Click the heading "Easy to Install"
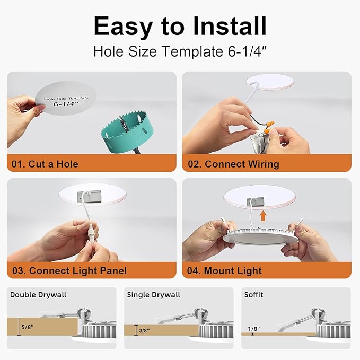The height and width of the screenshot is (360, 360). click(180, 25)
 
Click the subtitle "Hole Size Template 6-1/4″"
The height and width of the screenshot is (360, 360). click(180, 51)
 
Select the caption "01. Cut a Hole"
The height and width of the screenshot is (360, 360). click(45, 164)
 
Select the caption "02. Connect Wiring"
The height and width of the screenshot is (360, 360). click(234, 164)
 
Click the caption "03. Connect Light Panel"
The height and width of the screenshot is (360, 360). click(69, 270)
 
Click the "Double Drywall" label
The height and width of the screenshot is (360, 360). click(38, 295)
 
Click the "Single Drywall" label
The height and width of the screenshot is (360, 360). click(154, 295)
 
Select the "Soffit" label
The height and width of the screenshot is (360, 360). click(253, 295)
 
